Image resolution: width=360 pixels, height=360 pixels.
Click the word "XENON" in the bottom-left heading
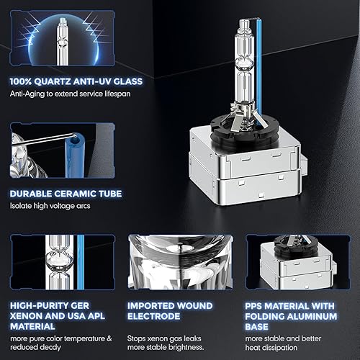point(30,315)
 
